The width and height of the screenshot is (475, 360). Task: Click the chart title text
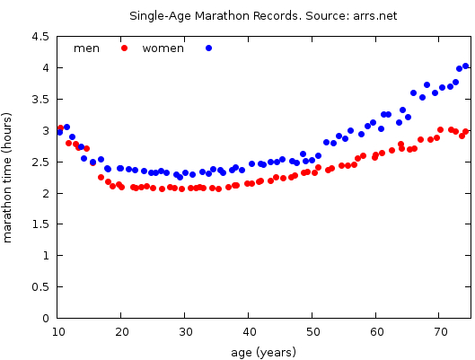tap(263, 16)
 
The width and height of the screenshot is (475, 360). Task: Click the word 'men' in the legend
tap(86, 48)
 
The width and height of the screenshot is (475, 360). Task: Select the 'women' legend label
tap(163, 48)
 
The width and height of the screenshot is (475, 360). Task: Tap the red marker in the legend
tap(125, 48)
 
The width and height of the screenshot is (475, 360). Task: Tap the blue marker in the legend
tap(208, 48)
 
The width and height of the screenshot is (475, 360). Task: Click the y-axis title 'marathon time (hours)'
tap(9, 178)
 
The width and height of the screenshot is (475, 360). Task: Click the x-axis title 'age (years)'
tap(263, 352)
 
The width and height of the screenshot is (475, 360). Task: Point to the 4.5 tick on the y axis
tap(40, 37)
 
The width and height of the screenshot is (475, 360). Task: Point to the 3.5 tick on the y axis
tap(40, 100)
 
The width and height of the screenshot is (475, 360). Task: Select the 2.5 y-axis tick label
tap(40, 162)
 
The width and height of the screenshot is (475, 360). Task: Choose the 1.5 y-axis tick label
tap(40, 224)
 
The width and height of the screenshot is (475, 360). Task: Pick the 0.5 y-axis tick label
tap(40, 287)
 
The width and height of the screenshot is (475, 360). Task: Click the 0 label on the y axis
tap(45, 319)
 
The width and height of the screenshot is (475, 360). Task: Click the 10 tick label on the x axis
tap(58, 332)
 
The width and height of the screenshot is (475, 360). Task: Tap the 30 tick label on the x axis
tap(186, 332)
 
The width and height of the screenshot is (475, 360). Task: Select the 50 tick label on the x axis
tap(313, 332)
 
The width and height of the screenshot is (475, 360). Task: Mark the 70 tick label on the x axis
tap(441, 332)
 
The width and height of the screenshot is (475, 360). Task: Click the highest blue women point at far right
tap(465, 66)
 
